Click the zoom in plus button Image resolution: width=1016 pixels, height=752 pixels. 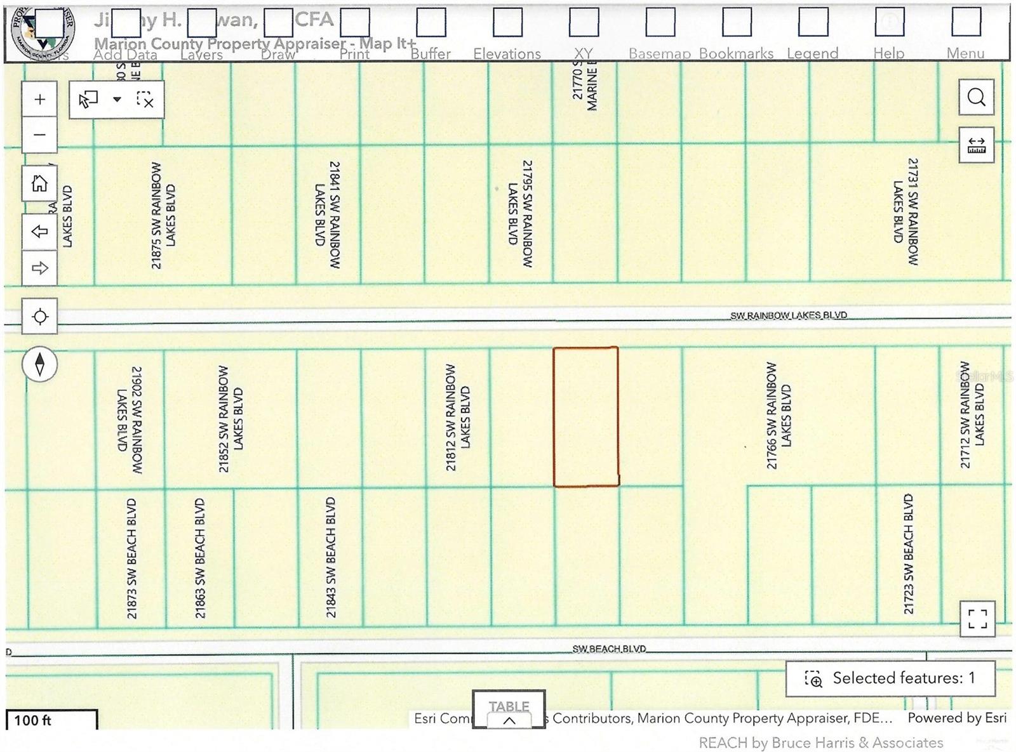(39, 100)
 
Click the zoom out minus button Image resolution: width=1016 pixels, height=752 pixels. (39, 135)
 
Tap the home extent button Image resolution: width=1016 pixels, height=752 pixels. (39, 183)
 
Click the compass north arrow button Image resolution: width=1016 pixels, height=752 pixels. (39, 364)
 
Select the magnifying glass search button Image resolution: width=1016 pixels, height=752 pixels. (976, 97)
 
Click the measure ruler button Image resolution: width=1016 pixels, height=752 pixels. (976, 146)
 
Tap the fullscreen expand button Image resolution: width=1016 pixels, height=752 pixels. (977, 619)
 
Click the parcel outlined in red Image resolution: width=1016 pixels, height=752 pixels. (585, 417)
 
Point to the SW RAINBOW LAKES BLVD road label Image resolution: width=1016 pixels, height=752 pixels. (788, 315)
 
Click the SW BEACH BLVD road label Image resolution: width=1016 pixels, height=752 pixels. (609, 649)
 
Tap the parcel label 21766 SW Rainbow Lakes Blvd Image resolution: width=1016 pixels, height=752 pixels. (779, 416)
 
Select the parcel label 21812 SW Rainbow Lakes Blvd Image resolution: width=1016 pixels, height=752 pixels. (458, 417)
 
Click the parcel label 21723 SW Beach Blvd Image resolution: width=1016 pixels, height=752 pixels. (909, 553)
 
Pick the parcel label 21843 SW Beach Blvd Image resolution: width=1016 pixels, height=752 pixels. (330, 557)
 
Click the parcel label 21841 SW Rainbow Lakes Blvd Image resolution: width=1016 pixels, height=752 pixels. (328, 214)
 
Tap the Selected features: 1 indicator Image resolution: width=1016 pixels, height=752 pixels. (890, 678)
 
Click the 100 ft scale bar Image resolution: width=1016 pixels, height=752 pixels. (51, 720)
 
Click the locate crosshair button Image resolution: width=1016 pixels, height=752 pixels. (39, 316)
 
